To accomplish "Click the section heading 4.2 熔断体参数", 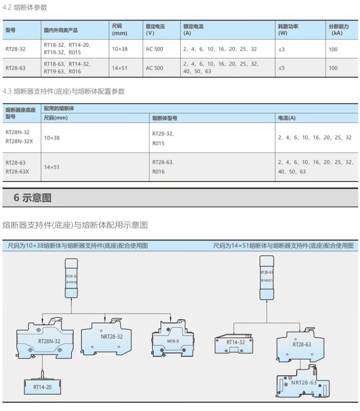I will pyautogui.click(x=25, y=8).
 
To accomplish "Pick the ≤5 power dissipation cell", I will pyautogui.click(x=281, y=68).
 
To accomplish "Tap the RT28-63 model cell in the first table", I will pyautogui.click(x=16, y=68).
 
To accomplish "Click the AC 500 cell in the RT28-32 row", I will pyautogui.click(x=155, y=49).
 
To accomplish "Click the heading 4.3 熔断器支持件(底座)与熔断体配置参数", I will pyautogui.click(x=64, y=91).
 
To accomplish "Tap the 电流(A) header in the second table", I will pyautogui.click(x=287, y=118).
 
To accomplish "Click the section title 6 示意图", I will pyautogui.click(x=33, y=197).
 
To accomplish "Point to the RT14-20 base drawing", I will pyautogui.click(x=43, y=386).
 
